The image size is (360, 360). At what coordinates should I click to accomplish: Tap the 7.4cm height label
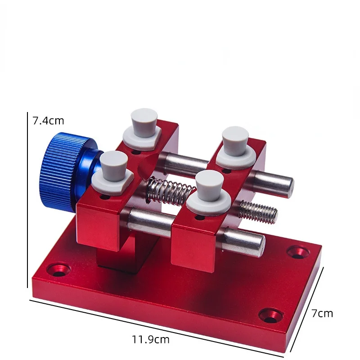(x=48, y=121)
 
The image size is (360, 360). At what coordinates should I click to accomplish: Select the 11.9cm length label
(x=150, y=339)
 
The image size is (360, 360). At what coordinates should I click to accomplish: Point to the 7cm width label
(x=322, y=313)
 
